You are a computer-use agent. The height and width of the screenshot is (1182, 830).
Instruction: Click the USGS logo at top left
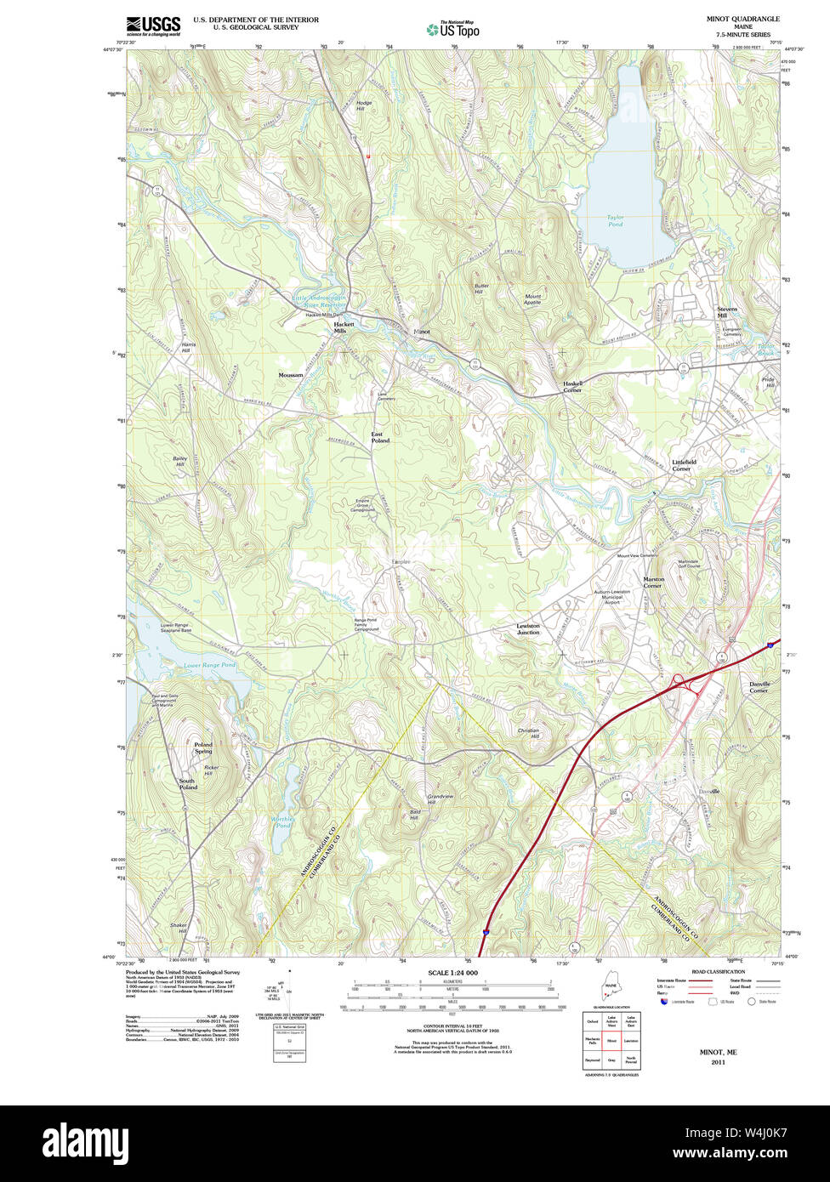[x=153, y=26]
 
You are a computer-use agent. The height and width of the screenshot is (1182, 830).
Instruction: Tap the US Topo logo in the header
[x=452, y=29]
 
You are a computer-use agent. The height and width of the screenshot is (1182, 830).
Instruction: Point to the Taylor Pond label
[x=615, y=221]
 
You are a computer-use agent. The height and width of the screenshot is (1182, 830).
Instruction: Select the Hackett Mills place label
[x=344, y=327]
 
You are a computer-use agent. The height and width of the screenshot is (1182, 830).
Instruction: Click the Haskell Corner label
[x=571, y=387]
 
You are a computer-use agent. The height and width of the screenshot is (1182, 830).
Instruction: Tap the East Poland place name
[x=380, y=438]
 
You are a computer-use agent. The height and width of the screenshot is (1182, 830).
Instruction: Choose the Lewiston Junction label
[x=528, y=629]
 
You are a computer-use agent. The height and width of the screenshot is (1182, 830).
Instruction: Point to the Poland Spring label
[x=203, y=748]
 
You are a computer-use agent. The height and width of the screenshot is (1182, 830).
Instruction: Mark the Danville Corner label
[x=759, y=687]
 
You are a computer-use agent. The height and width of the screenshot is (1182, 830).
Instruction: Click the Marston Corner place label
[x=653, y=582]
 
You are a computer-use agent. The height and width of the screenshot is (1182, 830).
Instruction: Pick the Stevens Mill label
[x=727, y=312]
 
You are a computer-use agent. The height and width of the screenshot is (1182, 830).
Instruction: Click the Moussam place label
[x=290, y=375]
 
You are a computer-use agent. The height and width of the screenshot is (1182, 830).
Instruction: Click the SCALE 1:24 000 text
[x=453, y=973]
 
